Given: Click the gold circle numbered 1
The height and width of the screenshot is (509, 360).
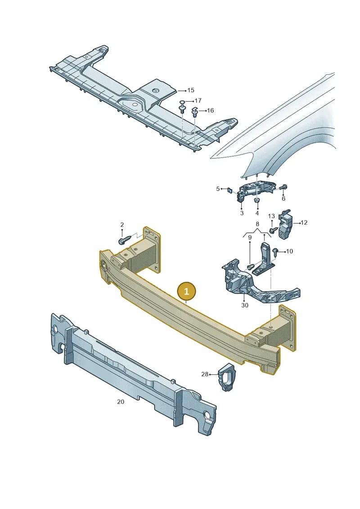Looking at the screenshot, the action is [x=186, y=291].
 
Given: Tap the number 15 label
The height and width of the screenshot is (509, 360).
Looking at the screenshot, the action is [x=191, y=90].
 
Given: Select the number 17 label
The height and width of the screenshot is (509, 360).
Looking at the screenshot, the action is [x=198, y=101].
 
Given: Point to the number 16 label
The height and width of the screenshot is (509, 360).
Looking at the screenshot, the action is [x=210, y=111].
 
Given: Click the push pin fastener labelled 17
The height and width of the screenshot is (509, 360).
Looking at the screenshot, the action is [x=183, y=107].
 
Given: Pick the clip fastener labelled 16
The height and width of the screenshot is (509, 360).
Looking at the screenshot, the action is [x=195, y=113].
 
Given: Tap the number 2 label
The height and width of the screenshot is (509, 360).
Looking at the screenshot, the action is [x=122, y=225].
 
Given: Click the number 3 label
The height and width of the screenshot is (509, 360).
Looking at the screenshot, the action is [x=242, y=213].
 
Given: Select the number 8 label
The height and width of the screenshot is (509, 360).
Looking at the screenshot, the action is [x=257, y=224].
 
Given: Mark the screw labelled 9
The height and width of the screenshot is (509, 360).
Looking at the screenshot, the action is [x=250, y=266].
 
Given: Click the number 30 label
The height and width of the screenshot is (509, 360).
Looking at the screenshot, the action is [x=245, y=305].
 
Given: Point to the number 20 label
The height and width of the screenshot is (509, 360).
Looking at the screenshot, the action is [x=121, y=402].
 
